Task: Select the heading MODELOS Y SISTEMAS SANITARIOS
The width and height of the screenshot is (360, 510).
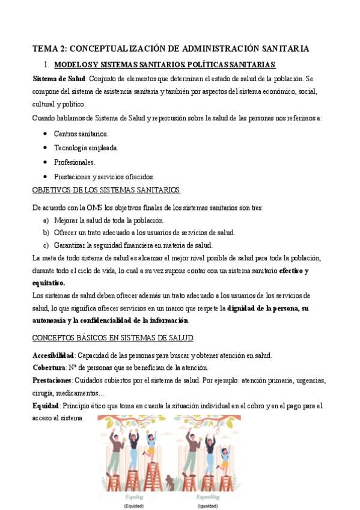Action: click(120, 64)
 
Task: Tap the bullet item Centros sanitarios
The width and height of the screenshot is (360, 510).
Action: click(81, 134)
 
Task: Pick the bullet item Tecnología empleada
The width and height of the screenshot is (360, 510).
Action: click(85, 148)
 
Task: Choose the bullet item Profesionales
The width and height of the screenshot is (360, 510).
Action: click(74, 162)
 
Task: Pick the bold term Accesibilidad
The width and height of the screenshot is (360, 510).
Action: click(52, 355)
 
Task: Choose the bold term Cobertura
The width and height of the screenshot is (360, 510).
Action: click(48, 367)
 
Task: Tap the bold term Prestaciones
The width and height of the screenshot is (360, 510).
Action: click(52, 380)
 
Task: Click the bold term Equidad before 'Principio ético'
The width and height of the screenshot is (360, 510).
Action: click(46, 406)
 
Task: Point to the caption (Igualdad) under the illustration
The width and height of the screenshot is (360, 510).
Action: click(208, 506)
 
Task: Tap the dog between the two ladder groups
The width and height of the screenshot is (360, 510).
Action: click(171, 482)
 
